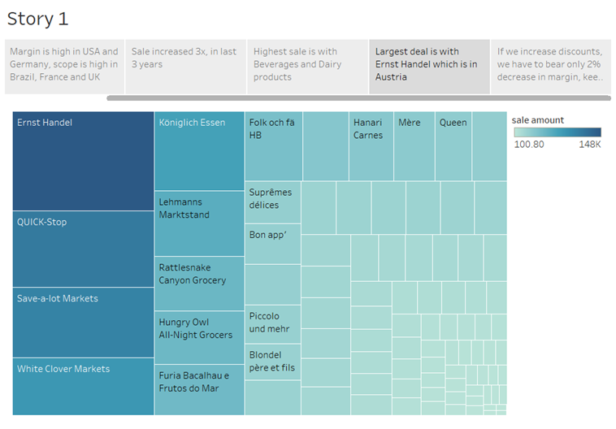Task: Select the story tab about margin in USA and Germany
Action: pyautogui.click(x=64, y=64)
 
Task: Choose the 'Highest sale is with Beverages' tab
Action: pyautogui.click(x=307, y=64)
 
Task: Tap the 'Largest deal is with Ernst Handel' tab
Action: pyautogui.click(x=428, y=64)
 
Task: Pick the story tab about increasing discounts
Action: pyautogui.click(x=550, y=64)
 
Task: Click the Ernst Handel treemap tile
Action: pyautogui.click(x=83, y=161)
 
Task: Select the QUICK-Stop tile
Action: pyautogui.click(x=83, y=249)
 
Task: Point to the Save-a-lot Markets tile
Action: pyautogui.click(x=83, y=323)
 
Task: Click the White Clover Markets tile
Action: pyautogui.click(x=83, y=386)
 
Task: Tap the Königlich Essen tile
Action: pyautogui.click(x=199, y=151)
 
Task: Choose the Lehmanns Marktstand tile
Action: pyautogui.click(x=199, y=223)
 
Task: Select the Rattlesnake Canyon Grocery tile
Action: pyautogui.click(x=199, y=284)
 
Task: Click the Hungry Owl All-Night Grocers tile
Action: pyautogui.click(x=199, y=337)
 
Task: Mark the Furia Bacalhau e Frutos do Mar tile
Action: pyautogui.click(x=199, y=389)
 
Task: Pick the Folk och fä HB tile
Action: pyautogui.click(x=274, y=145)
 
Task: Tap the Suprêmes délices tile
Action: pyautogui.click(x=272, y=202)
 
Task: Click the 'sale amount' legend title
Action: pyautogui.click(x=537, y=120)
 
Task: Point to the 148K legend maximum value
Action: pyautogui.click(x=589, y=145)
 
